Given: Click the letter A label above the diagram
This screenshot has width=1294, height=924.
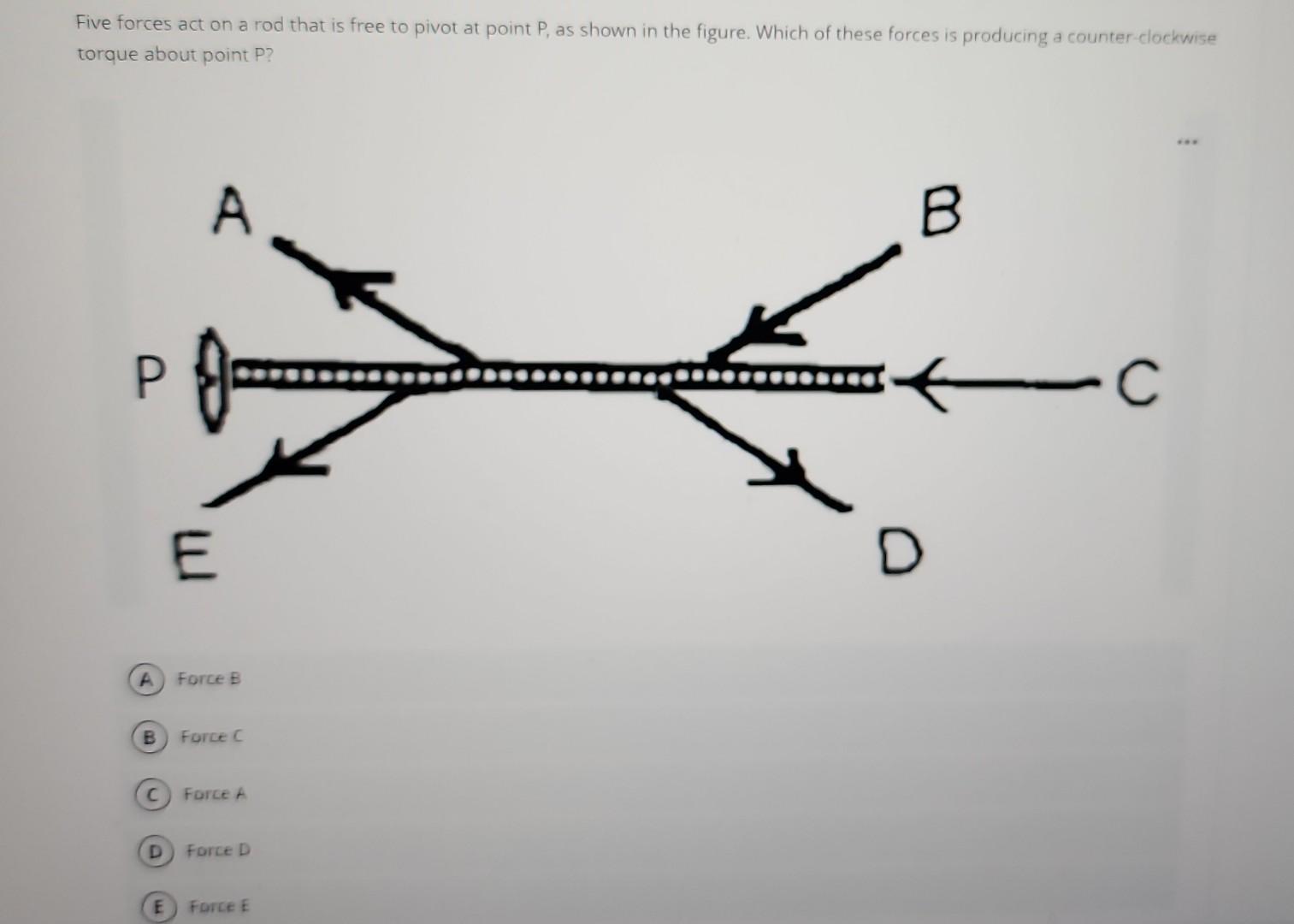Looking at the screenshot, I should (231, 211).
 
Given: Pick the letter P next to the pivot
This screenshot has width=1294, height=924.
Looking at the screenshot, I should (149, 380).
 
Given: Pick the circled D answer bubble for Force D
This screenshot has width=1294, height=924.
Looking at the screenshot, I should (155, 851).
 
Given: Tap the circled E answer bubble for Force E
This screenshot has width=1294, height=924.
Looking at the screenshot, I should (158, 906).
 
